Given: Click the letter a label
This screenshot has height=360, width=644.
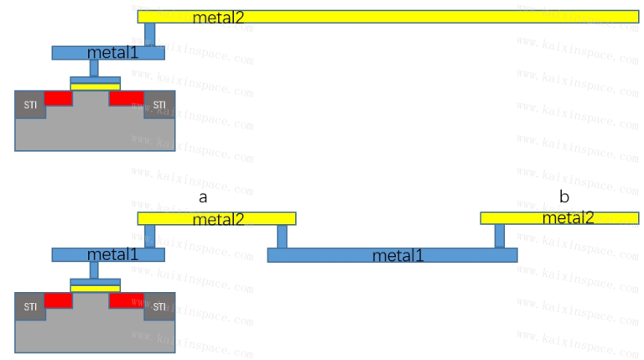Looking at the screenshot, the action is tap(203, 198).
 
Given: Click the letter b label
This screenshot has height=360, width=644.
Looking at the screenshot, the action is tap(564, 196).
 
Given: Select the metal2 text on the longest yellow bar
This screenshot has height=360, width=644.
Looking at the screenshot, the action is tap(218, 18).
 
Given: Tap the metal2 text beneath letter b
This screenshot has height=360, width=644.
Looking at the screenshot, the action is tap(568, 218).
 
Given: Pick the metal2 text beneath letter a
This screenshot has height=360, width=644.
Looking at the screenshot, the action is tap(218, 219).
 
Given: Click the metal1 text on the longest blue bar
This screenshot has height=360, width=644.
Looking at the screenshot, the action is tap(397, 256).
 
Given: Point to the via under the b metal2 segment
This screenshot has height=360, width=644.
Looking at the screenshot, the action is tap(500, 236).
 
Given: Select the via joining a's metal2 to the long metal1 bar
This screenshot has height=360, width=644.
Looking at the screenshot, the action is tap(282, 237).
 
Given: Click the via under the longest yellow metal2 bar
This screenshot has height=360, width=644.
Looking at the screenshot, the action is tap(150, 34).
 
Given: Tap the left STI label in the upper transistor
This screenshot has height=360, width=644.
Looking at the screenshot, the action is tap(30, 105).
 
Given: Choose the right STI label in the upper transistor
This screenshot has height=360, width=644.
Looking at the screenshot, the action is tap(159, 105).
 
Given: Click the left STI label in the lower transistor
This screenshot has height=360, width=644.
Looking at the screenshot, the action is tap(30, 306).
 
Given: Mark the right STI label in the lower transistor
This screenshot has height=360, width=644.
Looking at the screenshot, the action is tap(159, 306).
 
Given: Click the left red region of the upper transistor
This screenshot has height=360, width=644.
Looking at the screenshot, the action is tap(59, 98).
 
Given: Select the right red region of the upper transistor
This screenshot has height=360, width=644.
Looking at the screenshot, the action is tap(127, 98).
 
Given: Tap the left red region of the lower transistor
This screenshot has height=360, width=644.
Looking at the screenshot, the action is tap(59, 300).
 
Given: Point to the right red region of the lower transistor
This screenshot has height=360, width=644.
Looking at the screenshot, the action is tap(127, 300).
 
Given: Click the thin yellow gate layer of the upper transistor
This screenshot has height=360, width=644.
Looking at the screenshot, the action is tap(96, 86).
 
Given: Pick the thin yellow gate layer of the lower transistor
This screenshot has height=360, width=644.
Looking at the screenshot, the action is tap(96, 289).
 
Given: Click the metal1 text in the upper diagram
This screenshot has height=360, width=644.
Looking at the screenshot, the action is tap(112, 53).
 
